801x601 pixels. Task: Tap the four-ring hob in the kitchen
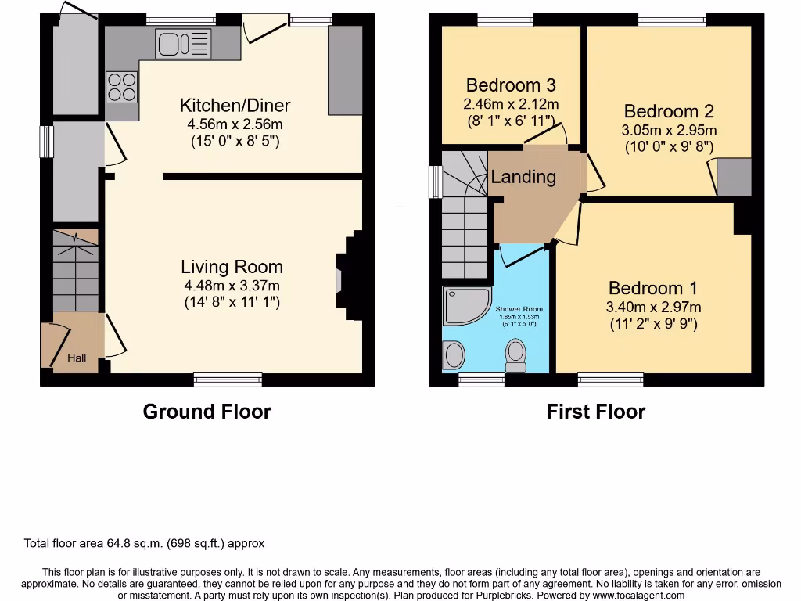(120, 86)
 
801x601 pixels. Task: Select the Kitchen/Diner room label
(235, 106)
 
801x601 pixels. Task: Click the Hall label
(77, 358)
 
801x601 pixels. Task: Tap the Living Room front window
(228, 380)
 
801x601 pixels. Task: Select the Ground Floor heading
(207, 412)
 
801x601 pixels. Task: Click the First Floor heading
(595, 412)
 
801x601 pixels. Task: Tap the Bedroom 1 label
(652, 288)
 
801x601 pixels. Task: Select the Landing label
(523, 177)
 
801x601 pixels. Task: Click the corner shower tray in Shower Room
(462, 305)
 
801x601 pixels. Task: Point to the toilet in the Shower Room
(515, 354)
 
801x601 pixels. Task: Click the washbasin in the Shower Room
(454, 354)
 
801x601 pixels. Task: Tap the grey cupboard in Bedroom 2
(734, 178)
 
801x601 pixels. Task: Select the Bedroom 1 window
(610, 380)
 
